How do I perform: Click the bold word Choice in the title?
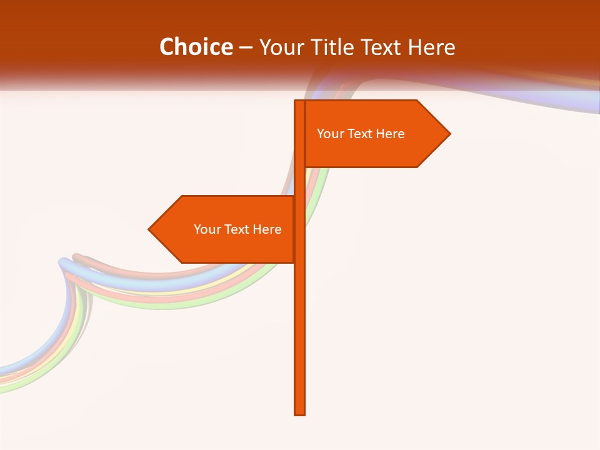196,47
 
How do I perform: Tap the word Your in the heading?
278,47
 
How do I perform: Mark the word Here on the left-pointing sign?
267,229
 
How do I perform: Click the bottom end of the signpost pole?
299,412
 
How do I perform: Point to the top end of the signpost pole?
299,102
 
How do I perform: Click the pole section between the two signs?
299,181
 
